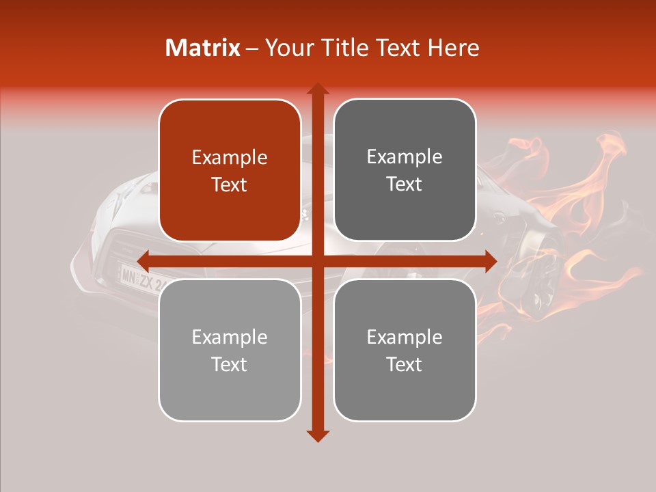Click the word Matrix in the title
coord(203,48)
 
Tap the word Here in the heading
coord(454,48)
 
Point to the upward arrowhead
coord(318,89)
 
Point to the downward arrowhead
coord(318,435)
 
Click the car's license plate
coord(141,279)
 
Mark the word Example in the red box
coord(230,158)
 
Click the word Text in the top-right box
coord(405,184)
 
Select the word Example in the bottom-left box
coord(230,338)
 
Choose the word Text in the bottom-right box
coord(405,364)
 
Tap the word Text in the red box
coord(230,184)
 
